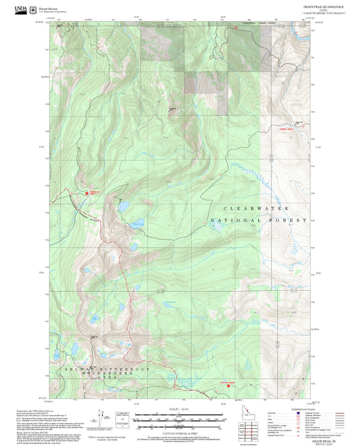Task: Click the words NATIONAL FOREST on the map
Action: (x=258, y=221)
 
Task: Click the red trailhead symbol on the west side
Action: (x=86, y=192)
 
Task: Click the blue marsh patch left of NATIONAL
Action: (x=217, y=229)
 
